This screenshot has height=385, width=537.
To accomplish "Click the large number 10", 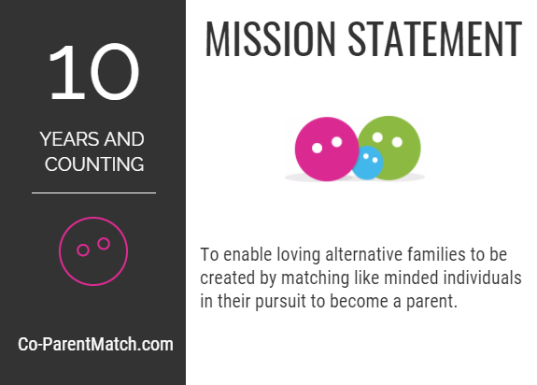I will [93, 73].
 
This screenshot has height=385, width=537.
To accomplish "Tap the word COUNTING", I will [92, 164].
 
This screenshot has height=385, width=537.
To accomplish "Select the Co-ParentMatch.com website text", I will [95, 344].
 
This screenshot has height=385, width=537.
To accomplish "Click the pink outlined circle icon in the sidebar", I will [93, 250].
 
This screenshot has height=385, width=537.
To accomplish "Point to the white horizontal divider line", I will [93, 192].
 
